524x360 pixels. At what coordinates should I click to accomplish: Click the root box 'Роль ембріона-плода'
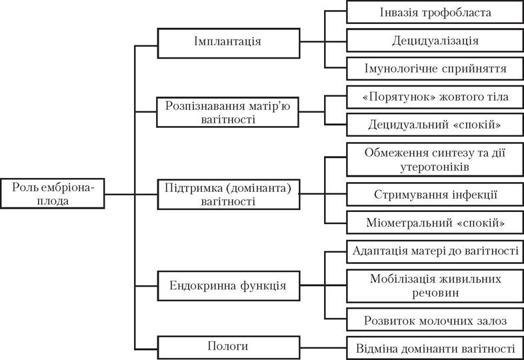(x=53, y=193)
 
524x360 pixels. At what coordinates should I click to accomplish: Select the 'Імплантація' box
(x=229, y=43)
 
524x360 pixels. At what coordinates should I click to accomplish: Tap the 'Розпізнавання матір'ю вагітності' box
(x=227, y=112)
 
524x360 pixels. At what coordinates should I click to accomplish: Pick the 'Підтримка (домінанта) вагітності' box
(x=229, y=194)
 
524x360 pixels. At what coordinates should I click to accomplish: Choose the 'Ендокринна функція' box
(x=229, y=286)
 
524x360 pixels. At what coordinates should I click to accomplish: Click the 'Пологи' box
(x=229, y=347)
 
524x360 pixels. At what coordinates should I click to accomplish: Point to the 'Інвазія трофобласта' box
(x=435, y=12)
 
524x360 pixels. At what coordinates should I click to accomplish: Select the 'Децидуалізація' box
(x=435, y=41)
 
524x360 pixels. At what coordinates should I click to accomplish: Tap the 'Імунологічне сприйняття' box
(x=435, y=69)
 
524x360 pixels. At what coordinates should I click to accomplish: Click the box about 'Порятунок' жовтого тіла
(x=435, y=97)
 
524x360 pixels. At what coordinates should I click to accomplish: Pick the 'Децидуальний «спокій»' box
(x=435, y=125)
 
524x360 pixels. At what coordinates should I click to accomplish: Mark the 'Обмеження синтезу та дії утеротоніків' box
(x=435, y=159)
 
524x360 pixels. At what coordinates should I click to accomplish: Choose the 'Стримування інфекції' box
(x=435, y=194)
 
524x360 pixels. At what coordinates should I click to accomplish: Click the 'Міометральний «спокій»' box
(x=435, y=222)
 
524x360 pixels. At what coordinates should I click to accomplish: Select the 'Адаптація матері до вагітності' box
(x=435, y=251)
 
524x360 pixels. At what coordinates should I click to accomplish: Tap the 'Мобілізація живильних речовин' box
(x=435, y=286)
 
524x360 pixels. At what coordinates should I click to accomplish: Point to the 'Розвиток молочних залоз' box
(x=435, y=320)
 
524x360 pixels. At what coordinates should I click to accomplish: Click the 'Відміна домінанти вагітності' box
(x=435, y=348)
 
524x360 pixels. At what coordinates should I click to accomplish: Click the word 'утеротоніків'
(x=435, y=167)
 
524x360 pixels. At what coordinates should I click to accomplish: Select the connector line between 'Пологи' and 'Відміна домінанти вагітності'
(x=323, y=348)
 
